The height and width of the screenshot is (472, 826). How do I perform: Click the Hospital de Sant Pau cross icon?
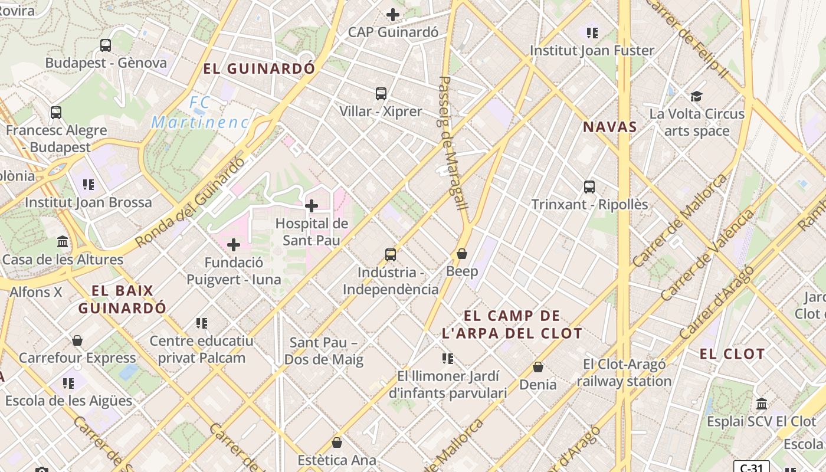coord(312,206)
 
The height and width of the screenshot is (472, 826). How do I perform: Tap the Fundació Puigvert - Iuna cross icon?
coord(234,244)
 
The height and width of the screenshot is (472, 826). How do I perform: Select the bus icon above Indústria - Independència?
coord(391,255)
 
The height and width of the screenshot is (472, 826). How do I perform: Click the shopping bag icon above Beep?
coord(462,254)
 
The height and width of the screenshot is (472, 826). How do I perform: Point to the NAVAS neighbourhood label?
coord(610,127)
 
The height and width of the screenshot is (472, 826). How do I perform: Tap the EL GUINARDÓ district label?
coord(260,68)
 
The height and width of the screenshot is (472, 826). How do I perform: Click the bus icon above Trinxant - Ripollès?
coord(589,187)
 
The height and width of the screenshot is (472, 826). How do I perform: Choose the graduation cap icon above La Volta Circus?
coord(697,96)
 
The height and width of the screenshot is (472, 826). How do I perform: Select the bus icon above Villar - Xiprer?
coord(381,93)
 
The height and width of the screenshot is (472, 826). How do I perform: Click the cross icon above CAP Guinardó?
coord(393,14)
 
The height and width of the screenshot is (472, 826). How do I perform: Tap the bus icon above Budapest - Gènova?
coord(106,45)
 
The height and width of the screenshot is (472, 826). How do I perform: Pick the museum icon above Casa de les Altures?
coord(63,242)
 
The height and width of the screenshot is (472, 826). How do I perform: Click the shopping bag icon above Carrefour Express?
coord(77,340)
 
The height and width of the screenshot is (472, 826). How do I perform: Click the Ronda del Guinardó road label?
coord(190,202)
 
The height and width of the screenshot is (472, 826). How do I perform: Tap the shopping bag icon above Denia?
coord(538,367)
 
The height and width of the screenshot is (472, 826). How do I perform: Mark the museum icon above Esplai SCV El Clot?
coord(762,404)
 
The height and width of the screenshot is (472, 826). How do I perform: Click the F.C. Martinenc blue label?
coord(199,113)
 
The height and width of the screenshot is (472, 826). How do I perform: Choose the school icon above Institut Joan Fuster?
coord(592,32)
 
